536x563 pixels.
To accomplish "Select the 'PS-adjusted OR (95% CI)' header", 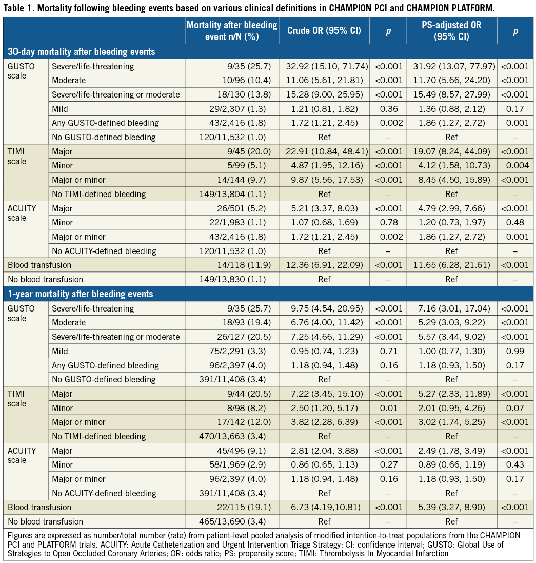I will (451, 31).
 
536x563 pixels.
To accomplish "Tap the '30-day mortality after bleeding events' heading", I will (81, 52).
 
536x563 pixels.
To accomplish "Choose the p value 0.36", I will (387, 109).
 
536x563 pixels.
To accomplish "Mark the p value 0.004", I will (515, 166).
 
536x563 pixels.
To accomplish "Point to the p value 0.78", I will (387, 223).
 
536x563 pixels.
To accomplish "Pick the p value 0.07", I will (515, 408).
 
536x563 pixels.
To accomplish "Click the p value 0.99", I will (515, 351).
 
